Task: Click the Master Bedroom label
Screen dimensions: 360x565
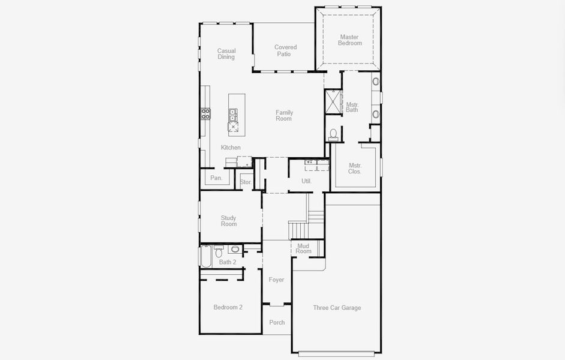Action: click(x=349, y=40)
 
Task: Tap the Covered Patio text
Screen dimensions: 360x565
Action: click(x=285, y=50)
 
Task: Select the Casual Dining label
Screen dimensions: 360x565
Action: click(x=226, y=54)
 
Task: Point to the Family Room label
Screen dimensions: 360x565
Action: click(x=284, y=115)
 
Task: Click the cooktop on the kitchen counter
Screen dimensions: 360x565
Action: click(x=206, y=113)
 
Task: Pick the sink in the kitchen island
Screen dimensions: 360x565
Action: click(x=232, y=115)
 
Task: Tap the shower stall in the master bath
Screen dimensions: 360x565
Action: click(x=333, y=101)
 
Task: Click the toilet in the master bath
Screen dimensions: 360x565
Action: click(x=334, y=133)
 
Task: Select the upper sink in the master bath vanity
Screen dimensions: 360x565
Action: click(x=376, y=82)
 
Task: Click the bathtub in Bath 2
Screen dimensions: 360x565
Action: click(x=205, y=256)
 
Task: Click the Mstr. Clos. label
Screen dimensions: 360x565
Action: click(x=355, y=169)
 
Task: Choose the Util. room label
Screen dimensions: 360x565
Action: click(x=306, y=181)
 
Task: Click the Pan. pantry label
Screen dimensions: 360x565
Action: click(x=216, y=178)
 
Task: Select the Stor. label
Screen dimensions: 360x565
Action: click(x=246, y=182)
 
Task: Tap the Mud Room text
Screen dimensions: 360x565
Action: click(x=303, y=248)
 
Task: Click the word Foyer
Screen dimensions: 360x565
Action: click(x=276, y=280)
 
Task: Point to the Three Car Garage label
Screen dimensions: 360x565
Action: click(x=337, y=308)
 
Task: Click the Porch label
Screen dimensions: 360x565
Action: click(x=277, y=323)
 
